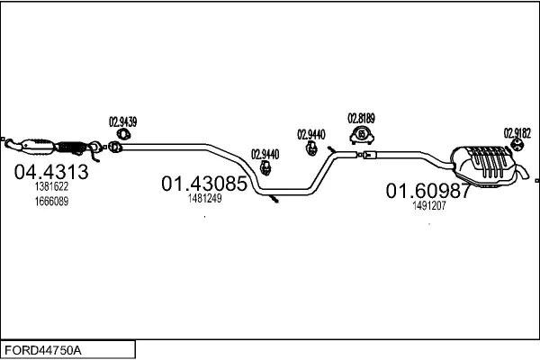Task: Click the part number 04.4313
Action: point(51,172)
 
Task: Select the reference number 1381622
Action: point(51,187)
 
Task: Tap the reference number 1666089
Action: point(51,201)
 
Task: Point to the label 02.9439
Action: point(122,121)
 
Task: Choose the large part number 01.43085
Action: point(203,184)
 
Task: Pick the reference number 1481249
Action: point(204,199)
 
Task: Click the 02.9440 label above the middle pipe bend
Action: point(265,154)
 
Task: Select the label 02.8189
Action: point(361,118)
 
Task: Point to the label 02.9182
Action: point(517,131)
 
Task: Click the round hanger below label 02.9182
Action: point(517,146)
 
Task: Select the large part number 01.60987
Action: point(428,191)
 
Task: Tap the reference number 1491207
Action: point(429,205)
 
